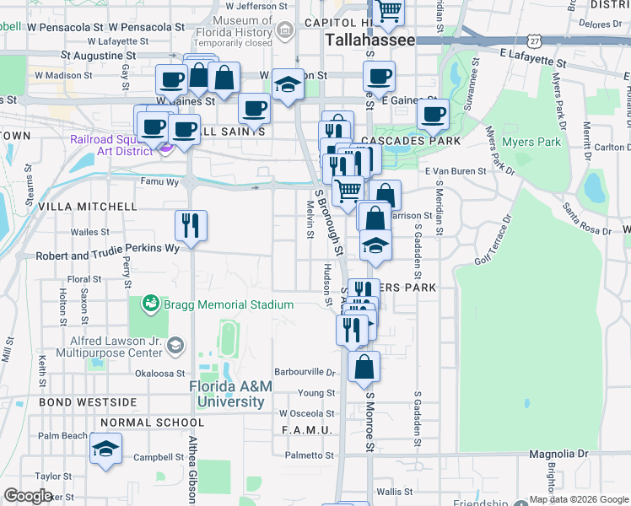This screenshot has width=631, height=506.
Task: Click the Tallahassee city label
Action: (371, 40)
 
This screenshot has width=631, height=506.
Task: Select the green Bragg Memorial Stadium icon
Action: (151, 302)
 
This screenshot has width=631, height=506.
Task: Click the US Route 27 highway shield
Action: (533, 40)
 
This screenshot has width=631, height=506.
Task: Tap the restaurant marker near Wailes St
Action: (191, 226)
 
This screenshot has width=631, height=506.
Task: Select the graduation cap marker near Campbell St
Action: (105, 449)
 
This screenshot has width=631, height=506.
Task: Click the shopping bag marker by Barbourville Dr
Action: (364, 367)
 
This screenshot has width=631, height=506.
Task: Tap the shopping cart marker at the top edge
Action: (389, 11)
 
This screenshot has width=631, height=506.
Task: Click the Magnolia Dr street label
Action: (559, 454)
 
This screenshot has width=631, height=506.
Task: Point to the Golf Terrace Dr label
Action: (493, 250)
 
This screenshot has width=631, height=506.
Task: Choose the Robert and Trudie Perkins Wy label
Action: (107, 249)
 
